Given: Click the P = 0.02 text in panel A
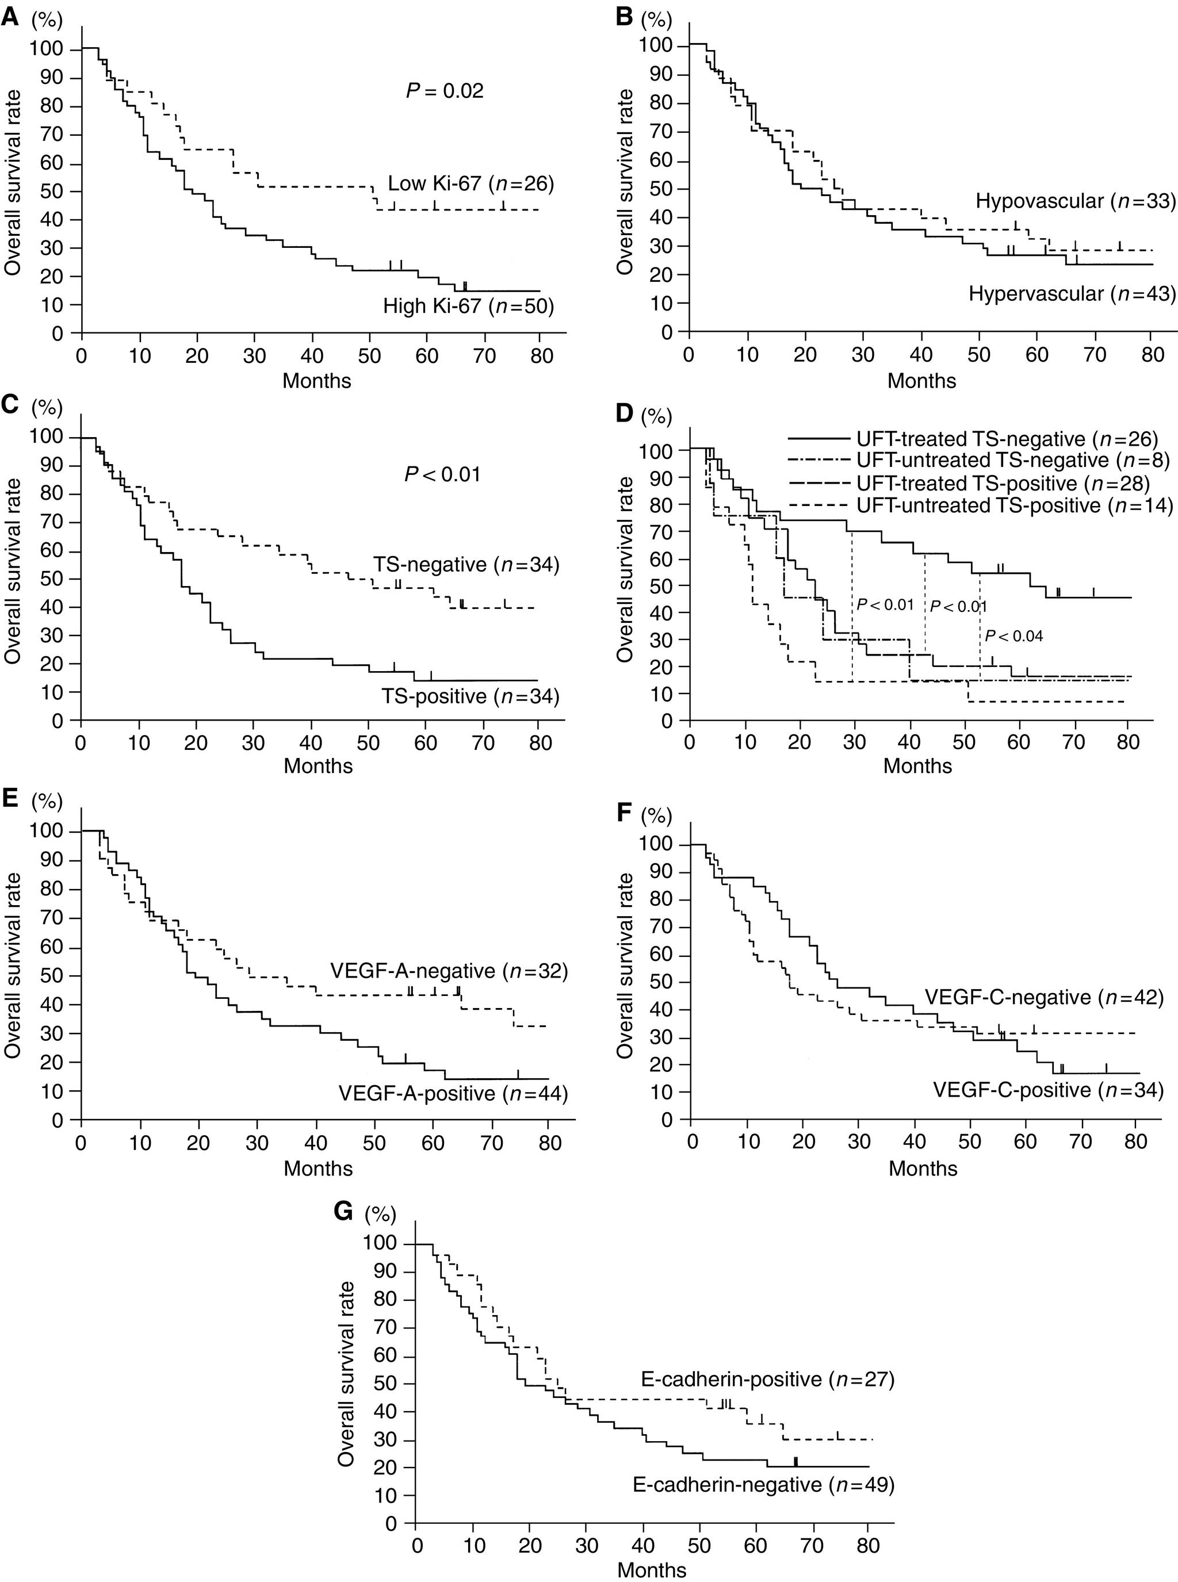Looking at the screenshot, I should point(444,91).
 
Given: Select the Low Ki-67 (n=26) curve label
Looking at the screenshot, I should point(471,184).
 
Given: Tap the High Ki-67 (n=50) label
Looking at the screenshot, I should point(468,307).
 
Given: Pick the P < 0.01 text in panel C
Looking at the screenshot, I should point(442,474).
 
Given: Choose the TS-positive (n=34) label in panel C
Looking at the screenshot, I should point(466,696).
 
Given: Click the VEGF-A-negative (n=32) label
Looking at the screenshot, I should point(449,971).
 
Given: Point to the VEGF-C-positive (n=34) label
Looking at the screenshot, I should point(1047,1090).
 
